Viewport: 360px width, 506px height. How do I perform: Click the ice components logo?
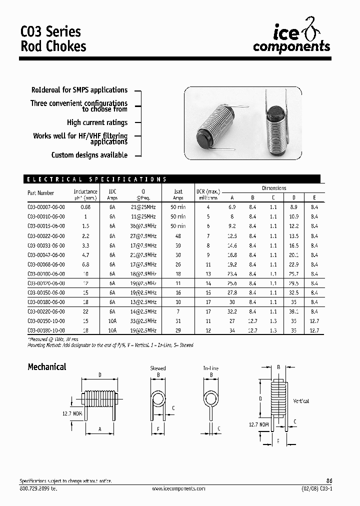291,38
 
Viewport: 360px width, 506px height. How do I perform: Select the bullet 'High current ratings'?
97,122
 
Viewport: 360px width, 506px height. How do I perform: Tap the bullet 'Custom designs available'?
89,155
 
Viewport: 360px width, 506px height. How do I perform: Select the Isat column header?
178,191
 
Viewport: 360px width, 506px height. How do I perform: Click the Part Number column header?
41,193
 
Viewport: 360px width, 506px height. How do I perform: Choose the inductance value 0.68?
85,206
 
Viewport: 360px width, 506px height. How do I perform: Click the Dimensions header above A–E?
274,188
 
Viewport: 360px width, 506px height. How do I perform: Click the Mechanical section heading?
46,367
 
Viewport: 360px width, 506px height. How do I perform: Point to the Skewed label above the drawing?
158,368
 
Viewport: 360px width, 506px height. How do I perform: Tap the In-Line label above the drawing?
210,368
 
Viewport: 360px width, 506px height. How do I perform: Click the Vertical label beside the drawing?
300,401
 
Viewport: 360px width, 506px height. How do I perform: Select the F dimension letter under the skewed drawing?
158,429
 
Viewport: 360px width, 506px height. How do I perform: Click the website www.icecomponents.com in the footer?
178,488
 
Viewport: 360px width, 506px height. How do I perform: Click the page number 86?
328,481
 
